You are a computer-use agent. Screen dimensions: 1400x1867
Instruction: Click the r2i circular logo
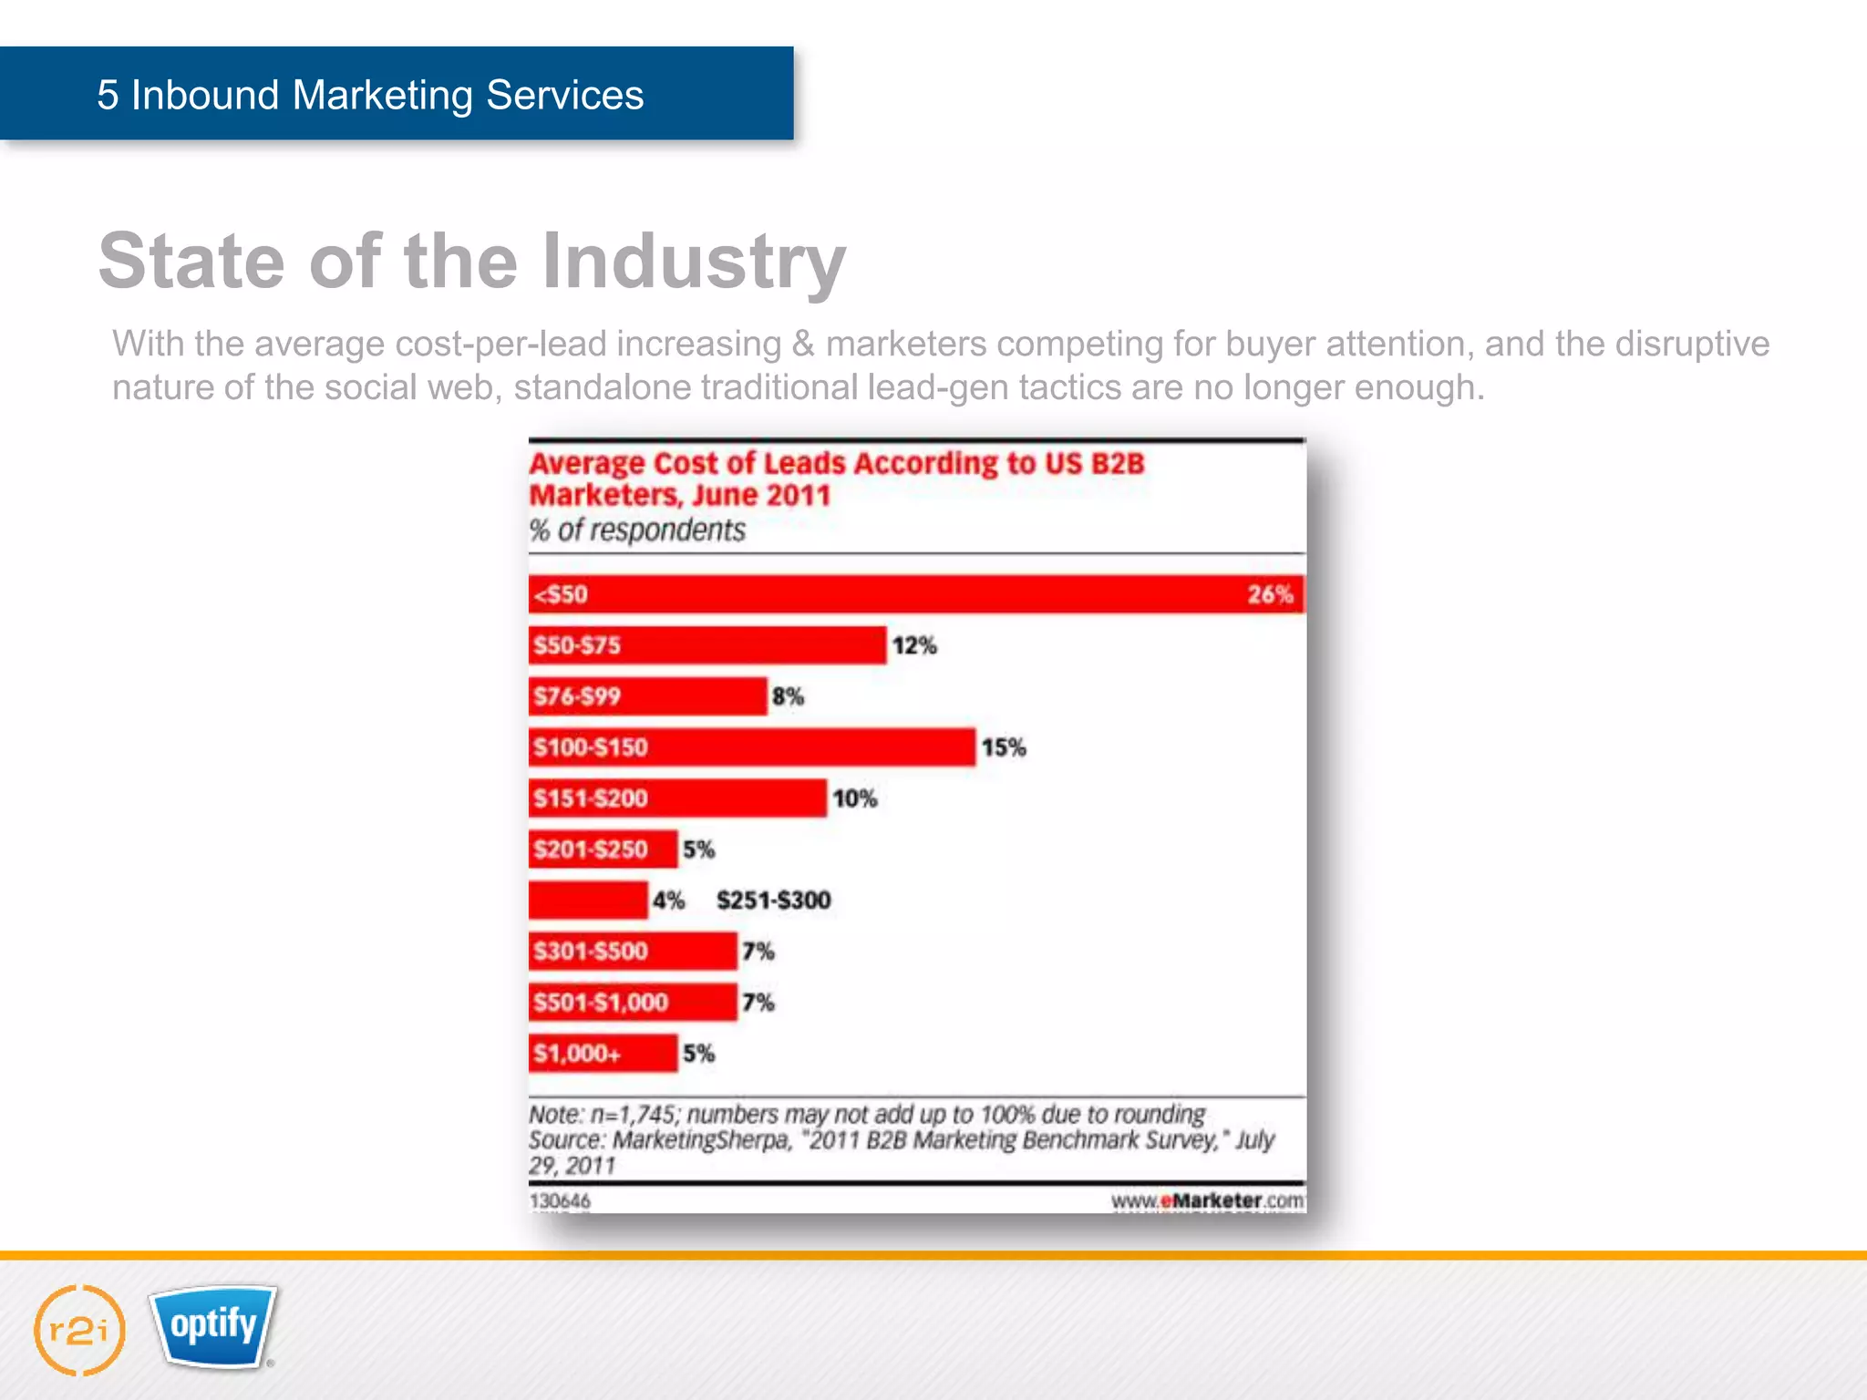79,1330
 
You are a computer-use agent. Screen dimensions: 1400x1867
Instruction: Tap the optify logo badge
213,1326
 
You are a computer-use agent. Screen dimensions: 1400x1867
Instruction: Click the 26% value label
1270,594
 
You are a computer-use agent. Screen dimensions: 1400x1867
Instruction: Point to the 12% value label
914,645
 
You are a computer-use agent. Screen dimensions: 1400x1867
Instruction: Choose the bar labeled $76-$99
647,696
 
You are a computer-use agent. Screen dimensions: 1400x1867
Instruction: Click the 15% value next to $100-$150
1004,747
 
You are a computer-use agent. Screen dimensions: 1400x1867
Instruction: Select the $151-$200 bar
677,798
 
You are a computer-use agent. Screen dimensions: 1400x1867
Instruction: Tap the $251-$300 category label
773,901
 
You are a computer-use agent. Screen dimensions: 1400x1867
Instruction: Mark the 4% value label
668,901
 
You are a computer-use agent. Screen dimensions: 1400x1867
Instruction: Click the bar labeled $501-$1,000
633,1003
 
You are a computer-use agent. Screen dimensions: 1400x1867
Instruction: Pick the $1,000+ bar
603,1054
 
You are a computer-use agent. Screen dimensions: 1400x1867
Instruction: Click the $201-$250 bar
603,849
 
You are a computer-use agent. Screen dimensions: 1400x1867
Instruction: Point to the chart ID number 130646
560,1201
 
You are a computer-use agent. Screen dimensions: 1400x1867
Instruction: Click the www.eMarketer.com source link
1207,1201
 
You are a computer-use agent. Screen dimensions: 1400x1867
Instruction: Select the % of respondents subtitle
637,530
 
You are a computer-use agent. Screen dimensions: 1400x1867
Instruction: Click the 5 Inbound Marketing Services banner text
370,95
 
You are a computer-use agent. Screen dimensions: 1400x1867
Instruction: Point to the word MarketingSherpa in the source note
701,1140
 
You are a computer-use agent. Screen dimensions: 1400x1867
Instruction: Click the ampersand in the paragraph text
803,344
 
